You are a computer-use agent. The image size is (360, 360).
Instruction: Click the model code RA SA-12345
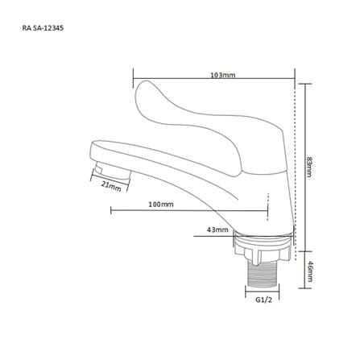tap(43, 28)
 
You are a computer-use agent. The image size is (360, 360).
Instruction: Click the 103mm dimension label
tap(222, 75)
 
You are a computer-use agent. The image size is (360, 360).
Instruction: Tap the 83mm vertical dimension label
tap(309, 167)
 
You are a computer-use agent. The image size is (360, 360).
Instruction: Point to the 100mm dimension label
tap(161, 205)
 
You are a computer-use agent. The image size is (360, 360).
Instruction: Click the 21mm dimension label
tap(111, 186)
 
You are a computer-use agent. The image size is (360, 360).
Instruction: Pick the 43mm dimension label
tap(217, 230)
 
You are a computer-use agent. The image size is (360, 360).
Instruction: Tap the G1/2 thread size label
tap(263, 300)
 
